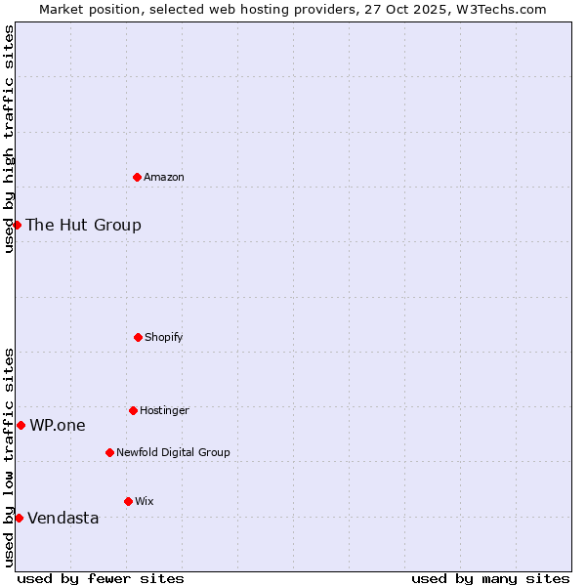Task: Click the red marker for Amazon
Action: [x=137, y=177]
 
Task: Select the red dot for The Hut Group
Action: [x=17, y=225]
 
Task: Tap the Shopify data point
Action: [x=138, y=337]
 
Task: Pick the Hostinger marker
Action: [x=133, y=410]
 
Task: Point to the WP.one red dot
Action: [x=21, y=425]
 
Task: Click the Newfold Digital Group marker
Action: [x=109, y=452]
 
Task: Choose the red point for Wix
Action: [x=128, y=501]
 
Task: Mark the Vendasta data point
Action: [x=19, y=518]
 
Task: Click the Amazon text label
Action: [x=164, y=177]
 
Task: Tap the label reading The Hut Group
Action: [x=83, y=225]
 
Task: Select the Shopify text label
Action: [x=164, y=337]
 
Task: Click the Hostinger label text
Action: [x=164, y=410]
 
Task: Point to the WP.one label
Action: [x=58, y=425]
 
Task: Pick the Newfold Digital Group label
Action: [x=173, y=452]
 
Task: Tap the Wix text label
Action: [x=145, y=501]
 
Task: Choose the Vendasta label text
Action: [x=63, y=518]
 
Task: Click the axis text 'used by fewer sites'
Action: [x=101, y=578]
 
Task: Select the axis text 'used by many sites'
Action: [x=490, y=578]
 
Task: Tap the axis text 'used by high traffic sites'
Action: [x=9, y=139]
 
